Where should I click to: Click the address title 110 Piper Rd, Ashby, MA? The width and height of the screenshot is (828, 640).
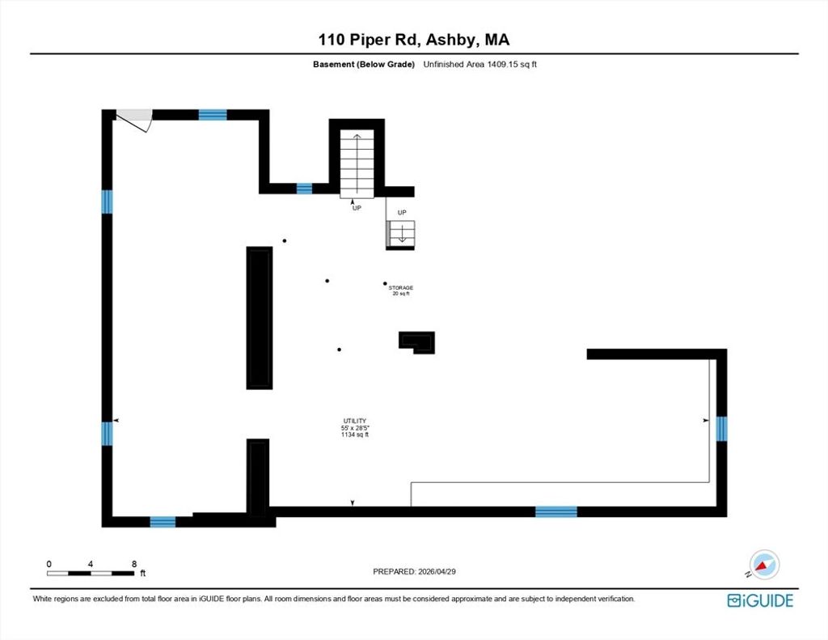[x=413, y=40]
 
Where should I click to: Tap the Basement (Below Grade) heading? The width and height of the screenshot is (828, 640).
[x=364, y=65]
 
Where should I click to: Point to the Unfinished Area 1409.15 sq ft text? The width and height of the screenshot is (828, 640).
[x=480, y=65]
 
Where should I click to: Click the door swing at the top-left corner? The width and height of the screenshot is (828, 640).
[x=135, y=120]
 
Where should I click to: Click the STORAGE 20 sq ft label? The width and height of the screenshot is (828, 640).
[x=401, y=290]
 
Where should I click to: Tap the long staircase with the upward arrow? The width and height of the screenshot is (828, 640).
[x=357, y=163]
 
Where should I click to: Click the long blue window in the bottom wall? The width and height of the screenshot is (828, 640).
[x=556, y=511]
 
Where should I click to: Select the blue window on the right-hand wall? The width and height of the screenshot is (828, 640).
[x=721, y=429]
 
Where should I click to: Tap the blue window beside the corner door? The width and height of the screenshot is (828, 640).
[x=213, y=115]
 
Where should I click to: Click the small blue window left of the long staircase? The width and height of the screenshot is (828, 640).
[x=304, y=189]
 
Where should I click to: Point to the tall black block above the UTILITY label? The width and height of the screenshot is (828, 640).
[x=260, y=318]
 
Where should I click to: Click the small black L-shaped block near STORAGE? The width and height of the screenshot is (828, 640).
[x=416, y=342]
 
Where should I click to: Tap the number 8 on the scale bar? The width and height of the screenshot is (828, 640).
[x=134, y=564]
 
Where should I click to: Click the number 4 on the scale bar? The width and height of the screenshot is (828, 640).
[x=91, y=564]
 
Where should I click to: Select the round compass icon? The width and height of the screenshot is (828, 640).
[x=765, y=565]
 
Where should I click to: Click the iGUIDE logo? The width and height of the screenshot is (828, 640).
[x=760, y=601]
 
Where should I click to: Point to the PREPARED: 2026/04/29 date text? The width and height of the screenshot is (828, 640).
[x=414, y=571]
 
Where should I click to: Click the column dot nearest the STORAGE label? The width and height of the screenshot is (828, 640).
[x=385, y=284]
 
